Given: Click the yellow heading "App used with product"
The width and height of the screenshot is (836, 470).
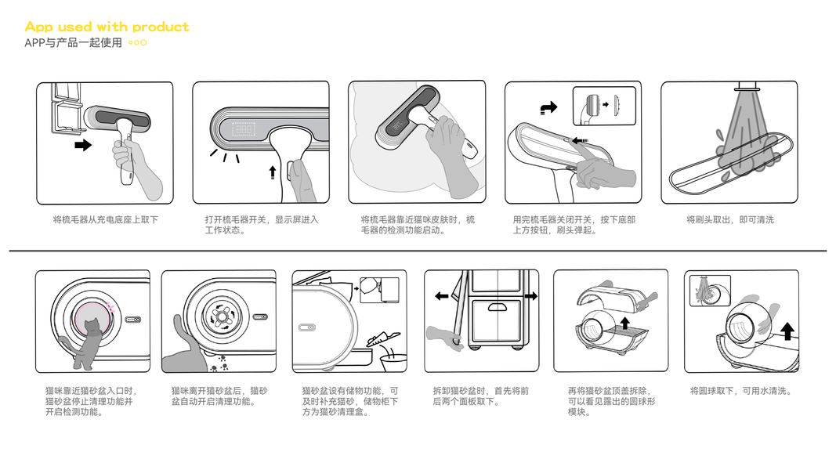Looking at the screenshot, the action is point(107,27).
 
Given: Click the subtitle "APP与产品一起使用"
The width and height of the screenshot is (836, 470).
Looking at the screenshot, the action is point(73,42).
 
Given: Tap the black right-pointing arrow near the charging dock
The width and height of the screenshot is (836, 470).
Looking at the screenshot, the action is point(83,145).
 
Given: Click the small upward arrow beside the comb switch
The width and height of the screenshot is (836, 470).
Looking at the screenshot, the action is point(273,172).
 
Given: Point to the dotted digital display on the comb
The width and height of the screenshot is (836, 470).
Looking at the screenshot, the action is point(244,129).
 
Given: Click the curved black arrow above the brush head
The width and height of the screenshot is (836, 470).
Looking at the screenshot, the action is point(548,107).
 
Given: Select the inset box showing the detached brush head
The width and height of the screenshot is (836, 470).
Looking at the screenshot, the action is point(605,106).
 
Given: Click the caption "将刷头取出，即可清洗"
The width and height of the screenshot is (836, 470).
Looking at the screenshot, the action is point(730,219).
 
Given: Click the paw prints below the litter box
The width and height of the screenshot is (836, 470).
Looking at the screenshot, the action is point(220,363).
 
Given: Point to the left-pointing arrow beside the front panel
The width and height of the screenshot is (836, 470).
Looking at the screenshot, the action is point(441,296).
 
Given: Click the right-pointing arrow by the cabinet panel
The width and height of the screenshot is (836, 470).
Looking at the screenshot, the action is point(531,296).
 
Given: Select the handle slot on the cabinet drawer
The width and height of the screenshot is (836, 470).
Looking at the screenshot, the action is point(497,307).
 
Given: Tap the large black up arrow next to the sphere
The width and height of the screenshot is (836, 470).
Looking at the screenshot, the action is point(787,331).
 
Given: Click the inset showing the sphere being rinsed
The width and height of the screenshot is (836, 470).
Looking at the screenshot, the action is point(710,291).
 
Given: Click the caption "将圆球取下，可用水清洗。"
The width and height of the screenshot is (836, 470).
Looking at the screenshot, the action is point(740,391).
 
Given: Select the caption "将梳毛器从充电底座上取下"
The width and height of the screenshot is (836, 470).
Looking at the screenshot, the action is point(106,219).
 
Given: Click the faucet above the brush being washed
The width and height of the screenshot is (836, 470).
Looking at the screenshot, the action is point(748,86).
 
